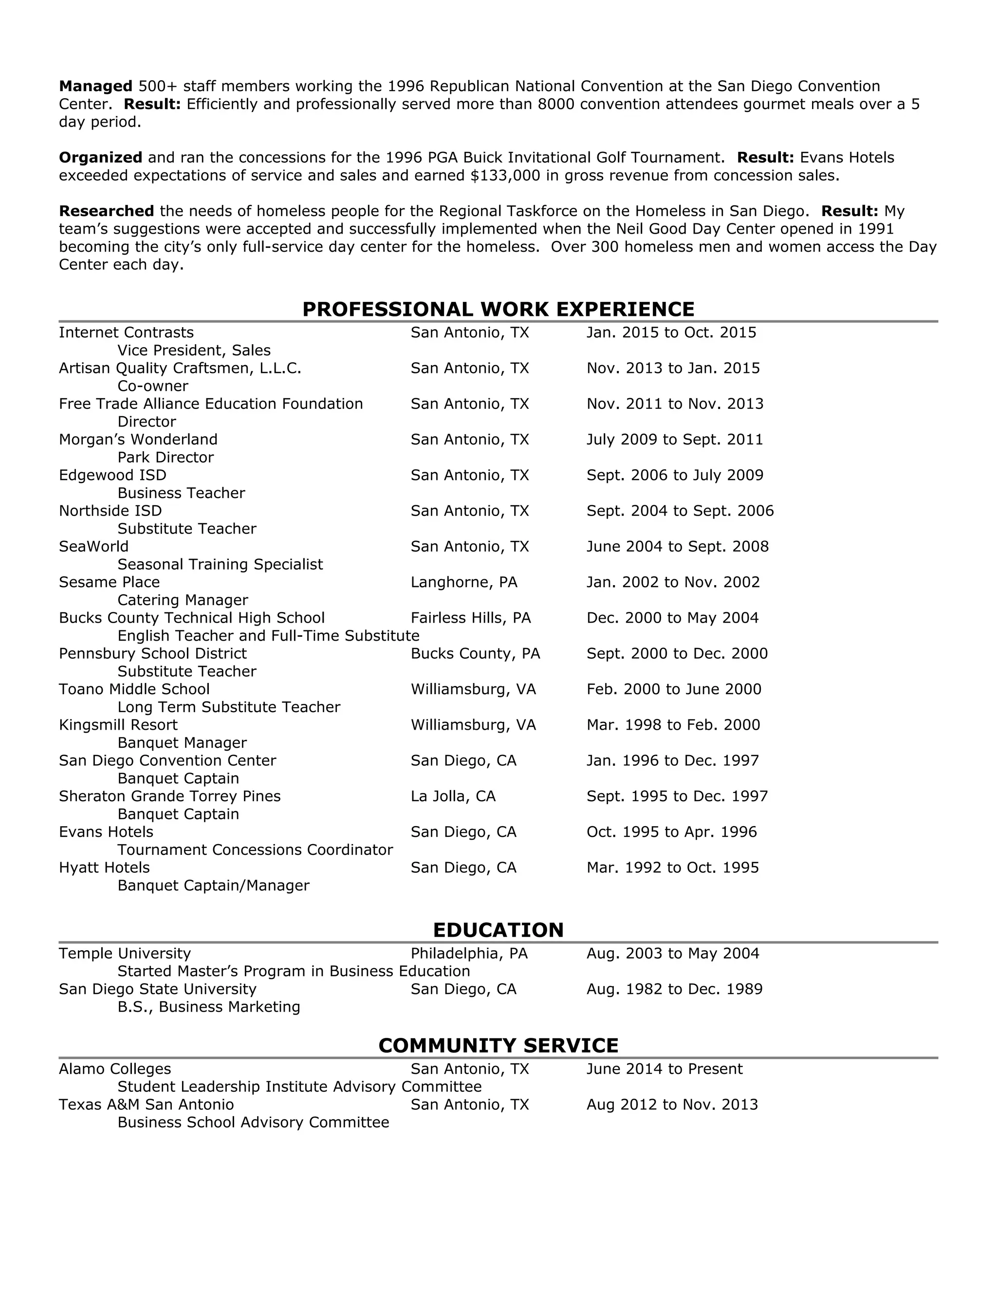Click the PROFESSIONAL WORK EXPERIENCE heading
498,309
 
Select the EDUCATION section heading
498,930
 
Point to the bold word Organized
100,158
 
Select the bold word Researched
106,211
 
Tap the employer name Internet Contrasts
126,332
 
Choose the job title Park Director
166,457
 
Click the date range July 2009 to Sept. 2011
675,440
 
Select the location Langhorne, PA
463,582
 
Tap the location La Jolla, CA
453,796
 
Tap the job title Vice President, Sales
194,350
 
